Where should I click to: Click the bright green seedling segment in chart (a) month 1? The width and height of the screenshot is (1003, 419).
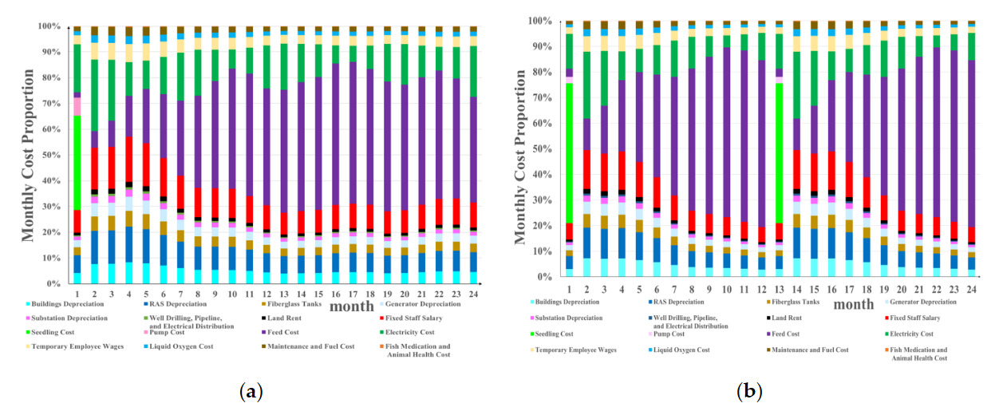(x=77, y=163)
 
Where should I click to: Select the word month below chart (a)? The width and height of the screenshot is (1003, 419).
(x=349, y=306)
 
